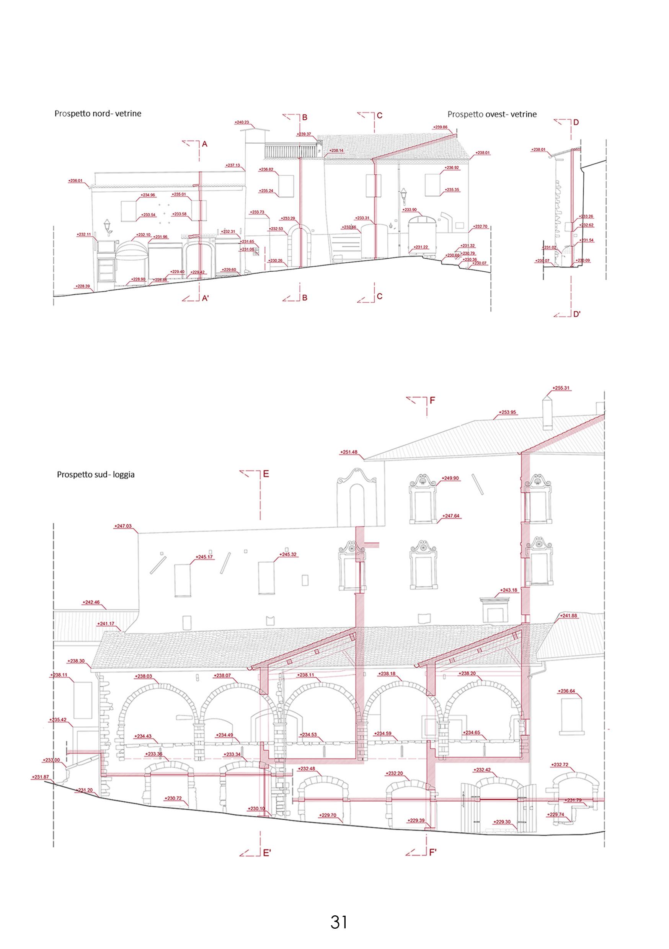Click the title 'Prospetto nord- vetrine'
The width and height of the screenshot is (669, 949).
coord(98,113)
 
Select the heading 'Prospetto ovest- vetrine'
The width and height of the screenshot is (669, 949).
coord(492,114)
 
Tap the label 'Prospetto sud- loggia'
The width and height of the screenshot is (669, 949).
coord(96,474)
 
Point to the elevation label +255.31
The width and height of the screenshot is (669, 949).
coord(561,388)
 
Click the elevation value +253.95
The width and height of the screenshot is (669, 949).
coord(507,412)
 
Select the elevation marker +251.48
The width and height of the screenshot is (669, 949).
coord(349,452)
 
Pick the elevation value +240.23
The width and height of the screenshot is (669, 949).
coord(242,122)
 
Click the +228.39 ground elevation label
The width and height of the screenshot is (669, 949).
coord(83,286)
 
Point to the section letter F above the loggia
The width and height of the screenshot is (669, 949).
coord(432,401)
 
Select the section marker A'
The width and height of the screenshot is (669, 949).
coord(206,298)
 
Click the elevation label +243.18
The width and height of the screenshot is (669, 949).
coord(509,590)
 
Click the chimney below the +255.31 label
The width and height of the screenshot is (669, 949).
coord(547,413)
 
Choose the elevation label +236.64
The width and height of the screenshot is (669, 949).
coord(566,691)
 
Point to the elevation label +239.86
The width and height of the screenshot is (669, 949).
coord(441,127)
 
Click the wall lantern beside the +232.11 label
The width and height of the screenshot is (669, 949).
coord(108,227)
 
